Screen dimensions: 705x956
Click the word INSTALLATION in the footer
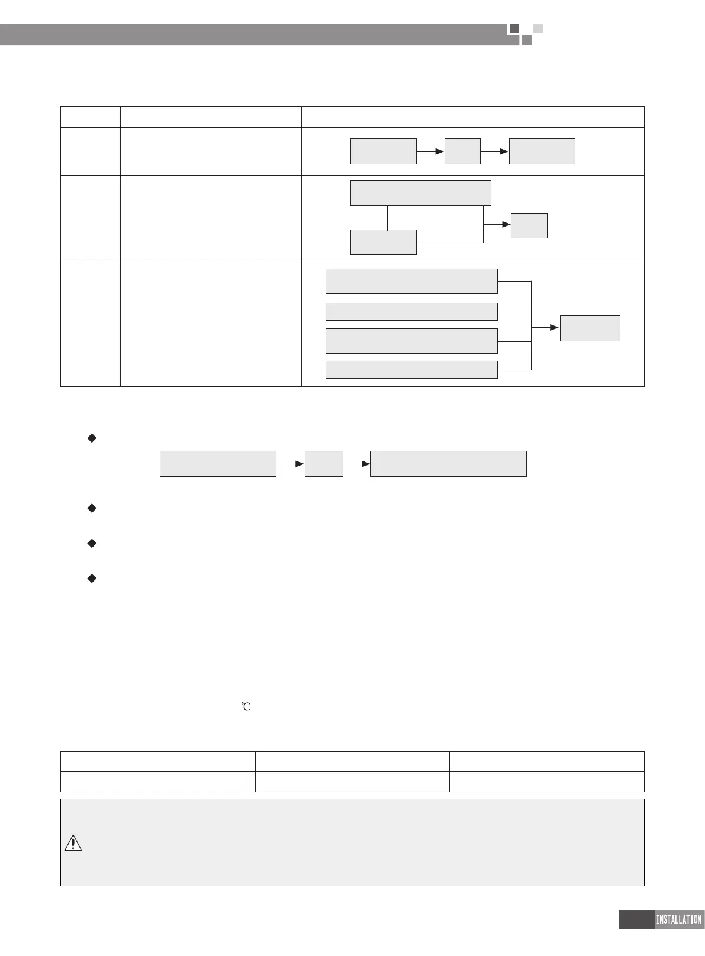678,919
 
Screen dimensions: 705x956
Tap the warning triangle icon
73,842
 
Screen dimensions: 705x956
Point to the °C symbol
246,706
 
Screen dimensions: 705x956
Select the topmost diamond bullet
92,438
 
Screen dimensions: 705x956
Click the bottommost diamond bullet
92,578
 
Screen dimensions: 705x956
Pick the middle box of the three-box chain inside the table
462,151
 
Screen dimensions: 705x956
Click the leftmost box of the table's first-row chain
384,151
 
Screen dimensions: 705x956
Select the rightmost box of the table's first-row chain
542,151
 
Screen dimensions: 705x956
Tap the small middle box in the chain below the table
324,463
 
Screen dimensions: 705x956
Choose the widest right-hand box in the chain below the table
448,463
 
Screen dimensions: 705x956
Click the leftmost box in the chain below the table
218,463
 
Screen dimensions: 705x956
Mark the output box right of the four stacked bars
590,328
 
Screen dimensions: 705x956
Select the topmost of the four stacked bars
411,281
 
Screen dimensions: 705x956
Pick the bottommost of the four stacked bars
411,369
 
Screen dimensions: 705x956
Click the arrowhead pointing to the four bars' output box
554,327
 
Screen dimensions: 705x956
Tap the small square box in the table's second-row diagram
529,225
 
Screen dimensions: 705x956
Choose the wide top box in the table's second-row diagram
420,193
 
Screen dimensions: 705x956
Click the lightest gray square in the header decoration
537,28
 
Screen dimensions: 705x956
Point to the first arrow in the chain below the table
291,464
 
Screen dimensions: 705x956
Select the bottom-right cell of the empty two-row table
546,781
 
